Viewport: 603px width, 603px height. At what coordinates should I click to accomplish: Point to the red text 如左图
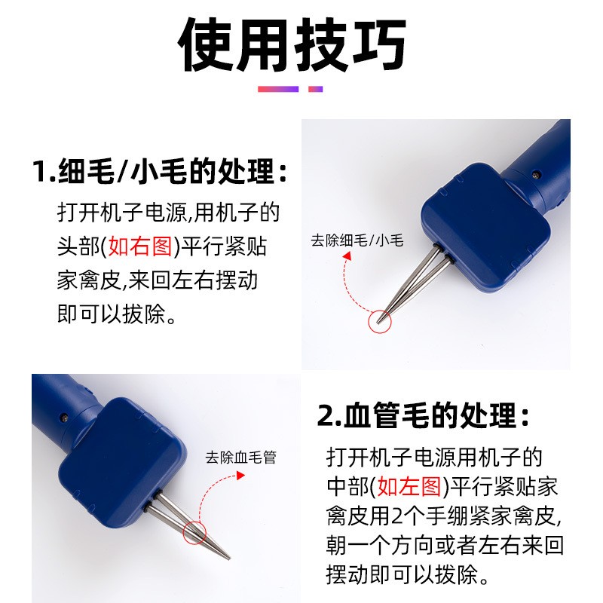(x=411, y=487)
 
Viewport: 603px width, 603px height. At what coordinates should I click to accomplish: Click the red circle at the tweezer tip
(x=378, y=320)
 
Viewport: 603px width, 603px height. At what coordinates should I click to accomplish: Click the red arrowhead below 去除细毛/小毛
(x=347, y=258)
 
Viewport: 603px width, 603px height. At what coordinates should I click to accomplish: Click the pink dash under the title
(x=277, y=89)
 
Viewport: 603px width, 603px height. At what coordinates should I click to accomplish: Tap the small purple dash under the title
(x=316, y=89)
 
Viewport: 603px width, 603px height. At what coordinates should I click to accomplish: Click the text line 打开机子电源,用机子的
(x=168, y=213)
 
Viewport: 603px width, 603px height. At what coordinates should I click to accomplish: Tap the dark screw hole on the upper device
(x=537, y=175)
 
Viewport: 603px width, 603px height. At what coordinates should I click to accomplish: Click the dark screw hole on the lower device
(x=65, y=415)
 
